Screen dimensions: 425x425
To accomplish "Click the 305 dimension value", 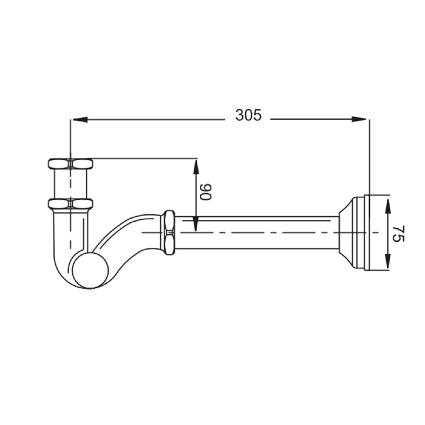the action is (248, 115).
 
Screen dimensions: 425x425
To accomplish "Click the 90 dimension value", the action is (206, 191).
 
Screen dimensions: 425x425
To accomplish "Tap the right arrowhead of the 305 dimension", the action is (359, 119).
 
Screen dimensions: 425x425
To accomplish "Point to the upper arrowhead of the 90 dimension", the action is (196, 167).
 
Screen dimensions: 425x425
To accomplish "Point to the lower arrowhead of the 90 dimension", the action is (196, 224).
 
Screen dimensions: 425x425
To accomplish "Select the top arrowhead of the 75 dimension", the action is (388, 206).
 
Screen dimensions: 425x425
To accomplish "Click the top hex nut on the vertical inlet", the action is (71, 164).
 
